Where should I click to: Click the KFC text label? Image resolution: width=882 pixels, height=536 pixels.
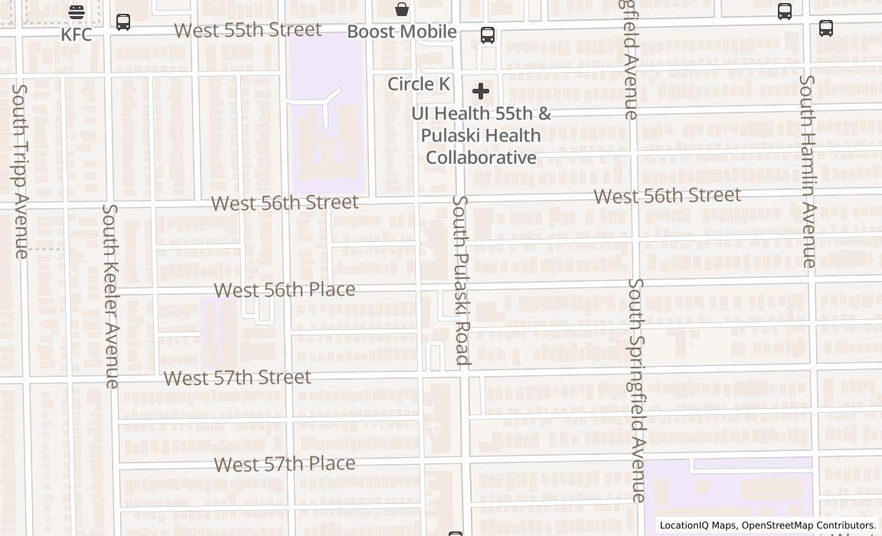(77, 34)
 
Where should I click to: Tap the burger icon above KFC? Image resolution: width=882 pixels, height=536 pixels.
(77, 11)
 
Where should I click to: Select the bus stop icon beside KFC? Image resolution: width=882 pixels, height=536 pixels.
(123, 21)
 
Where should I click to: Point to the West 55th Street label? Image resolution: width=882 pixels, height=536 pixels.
(247, 30)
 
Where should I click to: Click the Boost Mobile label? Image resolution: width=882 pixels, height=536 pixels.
(402, 31)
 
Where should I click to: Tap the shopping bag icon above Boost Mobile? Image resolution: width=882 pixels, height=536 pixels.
(402, 9)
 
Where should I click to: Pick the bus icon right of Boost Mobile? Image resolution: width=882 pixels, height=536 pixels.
(488, 35)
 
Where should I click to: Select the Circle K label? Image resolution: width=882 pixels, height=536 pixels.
(419, 83)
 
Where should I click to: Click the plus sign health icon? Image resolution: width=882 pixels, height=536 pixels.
(481, 92)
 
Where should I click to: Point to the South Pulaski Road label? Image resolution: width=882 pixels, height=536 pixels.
(460, 279)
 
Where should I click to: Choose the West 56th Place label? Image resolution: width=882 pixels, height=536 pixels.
(285, 289)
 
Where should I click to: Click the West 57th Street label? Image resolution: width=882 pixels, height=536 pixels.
(237, 377)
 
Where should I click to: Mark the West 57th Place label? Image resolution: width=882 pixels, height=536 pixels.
(285, 464)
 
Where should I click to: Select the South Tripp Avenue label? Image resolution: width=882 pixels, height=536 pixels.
(20, 170)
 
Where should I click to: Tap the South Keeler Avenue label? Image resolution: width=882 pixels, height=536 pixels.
(112, 296)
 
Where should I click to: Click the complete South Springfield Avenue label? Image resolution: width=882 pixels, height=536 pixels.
(637, 390)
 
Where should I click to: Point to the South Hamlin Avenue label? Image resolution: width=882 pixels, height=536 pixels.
(807, 171)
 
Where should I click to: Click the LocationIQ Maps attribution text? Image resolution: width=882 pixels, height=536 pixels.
(768, 525)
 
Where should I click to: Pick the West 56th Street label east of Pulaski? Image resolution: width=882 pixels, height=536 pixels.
(667, 195)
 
